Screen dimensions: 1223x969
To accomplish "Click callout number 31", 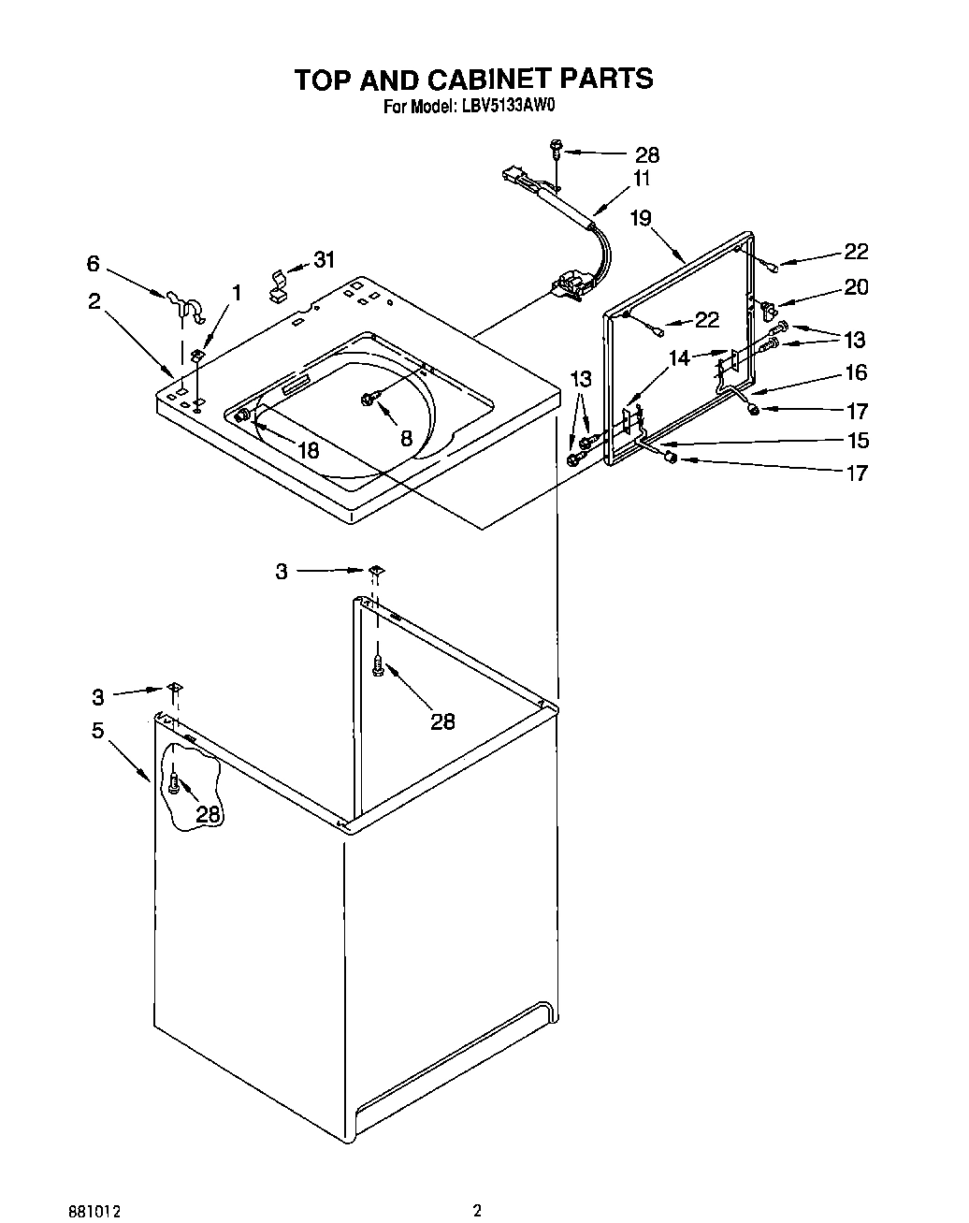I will point(324,259).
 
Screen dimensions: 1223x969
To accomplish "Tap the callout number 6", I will point(93,264).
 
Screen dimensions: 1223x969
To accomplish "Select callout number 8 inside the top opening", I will point(407,437).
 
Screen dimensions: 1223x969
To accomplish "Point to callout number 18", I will point(308,450).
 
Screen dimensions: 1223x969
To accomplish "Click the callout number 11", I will point(642,179).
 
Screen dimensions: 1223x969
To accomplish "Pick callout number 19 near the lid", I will point(640,219).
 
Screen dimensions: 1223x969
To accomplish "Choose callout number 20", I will point(856,287).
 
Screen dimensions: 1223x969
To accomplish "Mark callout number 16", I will point(856,372).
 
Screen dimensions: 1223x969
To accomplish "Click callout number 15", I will point(857,440).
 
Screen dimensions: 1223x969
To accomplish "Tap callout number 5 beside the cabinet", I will point(97,731).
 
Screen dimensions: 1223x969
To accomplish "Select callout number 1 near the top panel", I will point(237,293).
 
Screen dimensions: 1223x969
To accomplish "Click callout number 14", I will point(679,357).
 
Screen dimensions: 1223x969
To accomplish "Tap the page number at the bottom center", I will point(477,1185).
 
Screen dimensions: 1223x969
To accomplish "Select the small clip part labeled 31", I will point(279,285).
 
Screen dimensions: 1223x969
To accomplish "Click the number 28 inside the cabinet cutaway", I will point(208,814).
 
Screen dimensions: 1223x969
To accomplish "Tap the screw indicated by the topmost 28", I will point(557,147).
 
